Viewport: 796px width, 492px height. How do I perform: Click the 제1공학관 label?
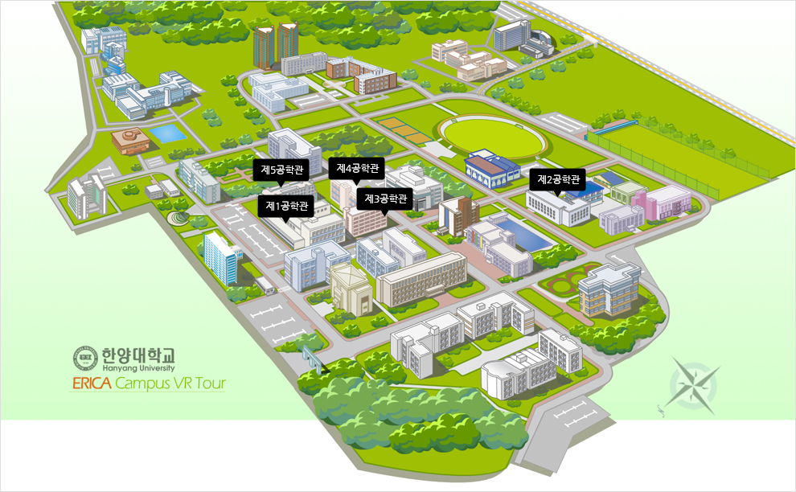(x=286, y=206)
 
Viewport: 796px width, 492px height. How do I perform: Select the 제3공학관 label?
(x=385, y=198)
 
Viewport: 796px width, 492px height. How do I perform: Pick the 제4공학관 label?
(x=357, y=168)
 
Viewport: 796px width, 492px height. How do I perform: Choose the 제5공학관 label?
(x=282, y=170)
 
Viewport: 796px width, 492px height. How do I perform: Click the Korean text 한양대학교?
(x=137, y=353)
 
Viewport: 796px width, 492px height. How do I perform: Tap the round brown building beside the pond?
(x=129, y=141)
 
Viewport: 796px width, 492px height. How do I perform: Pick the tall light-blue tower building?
(x=221, y=256)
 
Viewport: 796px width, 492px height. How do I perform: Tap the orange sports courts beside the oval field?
(x=405, y=132)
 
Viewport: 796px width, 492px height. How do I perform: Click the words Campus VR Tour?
(x=170, y=383)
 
